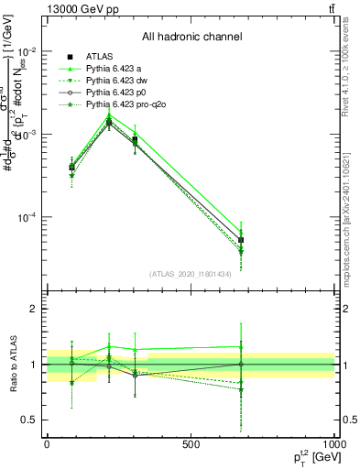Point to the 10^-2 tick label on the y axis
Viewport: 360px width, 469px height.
[27, 51]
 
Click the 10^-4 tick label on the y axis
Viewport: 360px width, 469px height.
[27, 218]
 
